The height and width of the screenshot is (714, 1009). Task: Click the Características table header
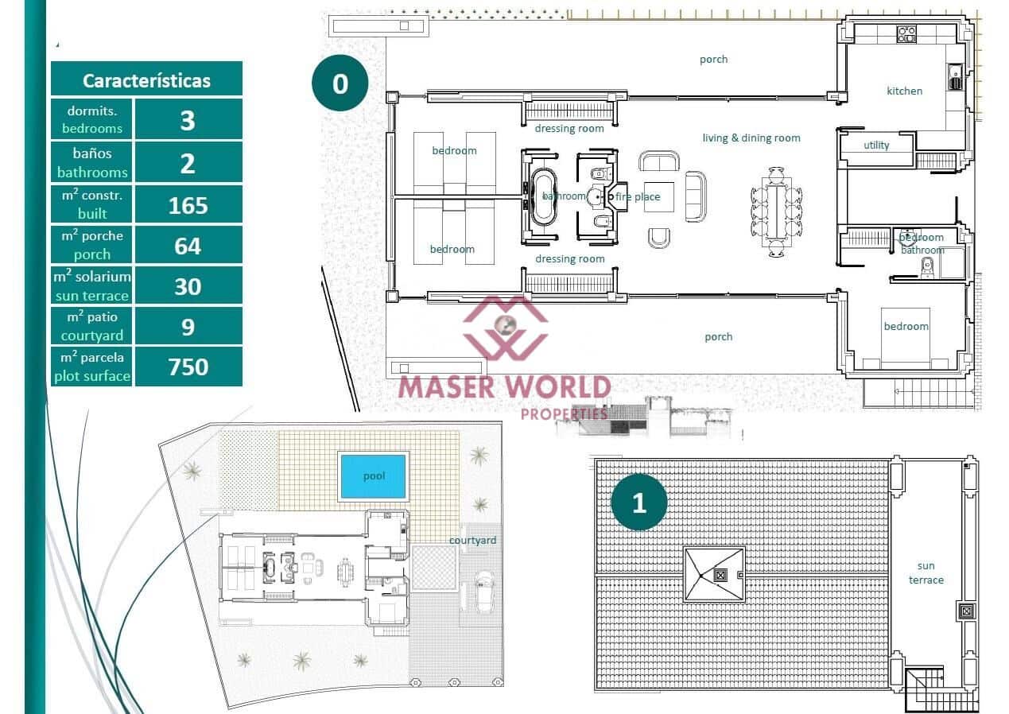click(x=146, y=80)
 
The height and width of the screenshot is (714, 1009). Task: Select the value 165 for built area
click(x=188, y=205)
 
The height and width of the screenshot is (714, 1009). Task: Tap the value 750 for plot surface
click(x=188, y=367)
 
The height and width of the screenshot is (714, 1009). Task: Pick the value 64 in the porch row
click(x=188, y=246)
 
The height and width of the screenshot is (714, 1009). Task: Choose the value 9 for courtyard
click(x=188, y=327)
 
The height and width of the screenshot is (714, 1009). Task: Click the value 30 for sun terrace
click(x=188, y=286)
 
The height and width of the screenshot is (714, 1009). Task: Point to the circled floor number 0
click(x=340, y=83)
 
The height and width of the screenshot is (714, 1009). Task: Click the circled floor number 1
click(x=638, y=503)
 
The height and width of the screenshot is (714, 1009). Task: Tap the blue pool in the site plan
click(x=373, y=476)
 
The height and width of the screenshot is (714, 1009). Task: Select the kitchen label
click(x=904, y=91)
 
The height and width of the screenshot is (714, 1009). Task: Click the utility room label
click(x=876, y=145)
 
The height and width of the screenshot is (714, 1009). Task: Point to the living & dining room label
click(x=751, y=138)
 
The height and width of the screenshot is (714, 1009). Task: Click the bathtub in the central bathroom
click(x=545, y=196)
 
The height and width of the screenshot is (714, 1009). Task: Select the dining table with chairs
click(x=776, y=211)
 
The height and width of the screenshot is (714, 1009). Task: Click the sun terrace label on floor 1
click(x=926, y=572)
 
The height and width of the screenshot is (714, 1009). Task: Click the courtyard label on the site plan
click(x=472, y=540)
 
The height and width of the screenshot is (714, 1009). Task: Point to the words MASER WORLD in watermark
click(x=503, y=387)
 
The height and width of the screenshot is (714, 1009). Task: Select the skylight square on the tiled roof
click(x=714, y=574)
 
